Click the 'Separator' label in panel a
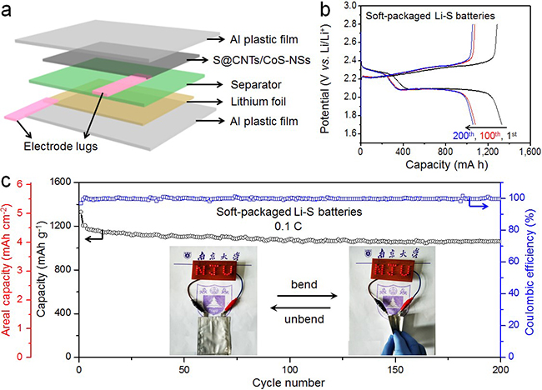click(x=256, y=85)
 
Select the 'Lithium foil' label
click(x=258, y=102)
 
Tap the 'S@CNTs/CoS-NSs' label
click(x=262, y=60)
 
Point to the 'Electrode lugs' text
click(x=61, y=147)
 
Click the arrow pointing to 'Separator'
click(x=205, y=84)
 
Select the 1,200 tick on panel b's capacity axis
click(x=488, y=152)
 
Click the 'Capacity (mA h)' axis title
click(x=447, y=164)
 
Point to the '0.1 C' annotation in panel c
click(x=289, y=227)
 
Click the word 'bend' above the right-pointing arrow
click(x=304, y=284)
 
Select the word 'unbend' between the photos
click(x=304, y=319)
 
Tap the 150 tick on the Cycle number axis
click(x=395, y=370)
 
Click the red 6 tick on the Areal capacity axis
click(x=20, y=184)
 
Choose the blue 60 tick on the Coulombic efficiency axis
click(x=514, y=261)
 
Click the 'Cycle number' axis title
click(x=289, y=382)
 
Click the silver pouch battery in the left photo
click(x=214, y=335)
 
